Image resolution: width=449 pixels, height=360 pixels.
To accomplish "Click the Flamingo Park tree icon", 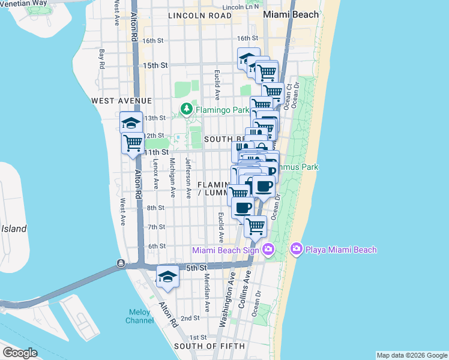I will [x=187, y=109].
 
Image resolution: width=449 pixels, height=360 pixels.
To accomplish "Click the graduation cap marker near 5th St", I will [x=167, y=277].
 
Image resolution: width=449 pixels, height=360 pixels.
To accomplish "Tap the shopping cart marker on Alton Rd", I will [x=133, y=143].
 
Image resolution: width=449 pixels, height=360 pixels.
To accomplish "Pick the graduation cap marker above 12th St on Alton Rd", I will [x=131, y=123].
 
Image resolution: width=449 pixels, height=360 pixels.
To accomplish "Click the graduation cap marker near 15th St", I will [x=249, y=59].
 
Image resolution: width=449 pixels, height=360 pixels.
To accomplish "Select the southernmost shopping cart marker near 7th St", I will [x=256, y=227].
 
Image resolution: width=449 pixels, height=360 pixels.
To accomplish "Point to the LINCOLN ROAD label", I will [x=200, y=16].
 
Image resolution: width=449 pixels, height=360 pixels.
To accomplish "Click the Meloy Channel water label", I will [x=140, y=316].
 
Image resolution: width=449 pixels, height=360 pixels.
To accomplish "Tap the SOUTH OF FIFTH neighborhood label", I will [x=209, y=346].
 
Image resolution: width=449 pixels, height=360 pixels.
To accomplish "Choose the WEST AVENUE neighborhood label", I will [x=122, y=101].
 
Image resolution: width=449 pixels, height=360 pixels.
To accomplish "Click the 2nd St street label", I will [x=190, y=318].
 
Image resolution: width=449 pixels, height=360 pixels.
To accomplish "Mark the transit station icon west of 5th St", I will [x=121, y=263].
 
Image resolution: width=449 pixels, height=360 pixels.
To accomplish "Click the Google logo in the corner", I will [x=20, y=353].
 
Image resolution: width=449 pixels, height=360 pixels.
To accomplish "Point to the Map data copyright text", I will [x=411, y=355].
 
